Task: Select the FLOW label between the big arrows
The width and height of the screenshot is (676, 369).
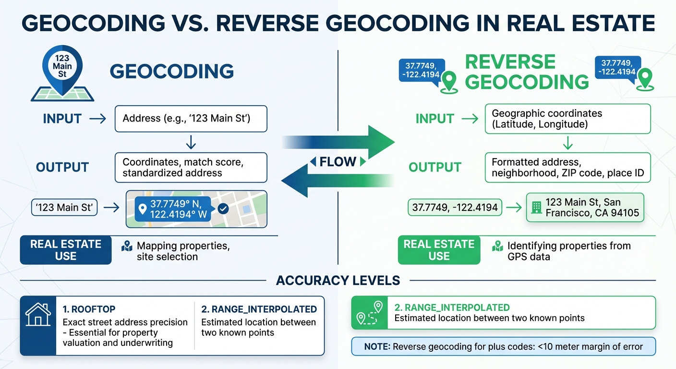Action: [338, 162]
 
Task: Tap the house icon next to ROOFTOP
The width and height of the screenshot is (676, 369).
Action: [38, 316]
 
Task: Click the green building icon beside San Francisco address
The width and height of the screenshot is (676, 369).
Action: [536, 208]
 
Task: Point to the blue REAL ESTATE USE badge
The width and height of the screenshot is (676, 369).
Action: [65, 250]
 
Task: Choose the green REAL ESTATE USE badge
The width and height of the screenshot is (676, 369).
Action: [439, 250]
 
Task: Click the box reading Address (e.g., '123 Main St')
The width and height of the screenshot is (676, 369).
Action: [191, 119]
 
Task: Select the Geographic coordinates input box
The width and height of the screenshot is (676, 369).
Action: [567, 119]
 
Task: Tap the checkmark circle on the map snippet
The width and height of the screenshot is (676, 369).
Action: [223, 209]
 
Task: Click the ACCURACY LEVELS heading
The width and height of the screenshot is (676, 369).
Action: [338, 281]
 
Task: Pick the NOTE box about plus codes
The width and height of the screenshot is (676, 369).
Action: [503, 346]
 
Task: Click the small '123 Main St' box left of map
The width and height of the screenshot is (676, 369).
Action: [64, 208]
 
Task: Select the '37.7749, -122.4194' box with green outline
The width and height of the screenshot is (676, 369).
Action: [454, 208]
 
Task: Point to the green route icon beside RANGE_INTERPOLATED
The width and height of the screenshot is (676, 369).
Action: [369, 312]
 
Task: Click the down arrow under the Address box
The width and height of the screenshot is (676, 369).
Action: [191, 142]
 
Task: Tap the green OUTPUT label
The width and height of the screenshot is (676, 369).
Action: [435, 167]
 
